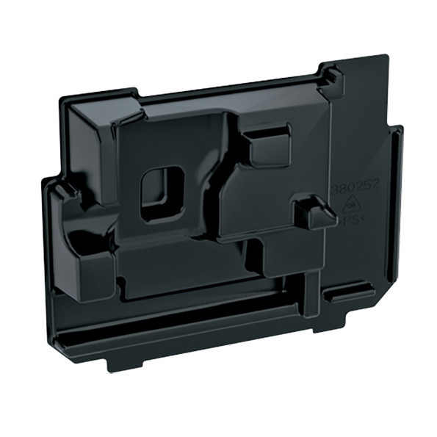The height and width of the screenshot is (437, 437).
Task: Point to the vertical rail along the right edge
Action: click(396, 213)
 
